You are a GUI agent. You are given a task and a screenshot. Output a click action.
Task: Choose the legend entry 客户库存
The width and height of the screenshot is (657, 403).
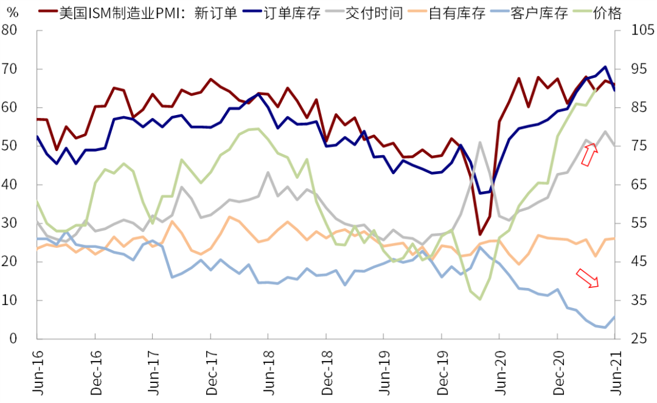click(x=540, y=13)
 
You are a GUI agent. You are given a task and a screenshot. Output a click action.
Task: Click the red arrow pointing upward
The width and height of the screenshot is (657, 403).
click(x=588, y=155)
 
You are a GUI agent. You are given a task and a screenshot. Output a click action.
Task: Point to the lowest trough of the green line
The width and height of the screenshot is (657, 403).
click(x=479, y=299)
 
